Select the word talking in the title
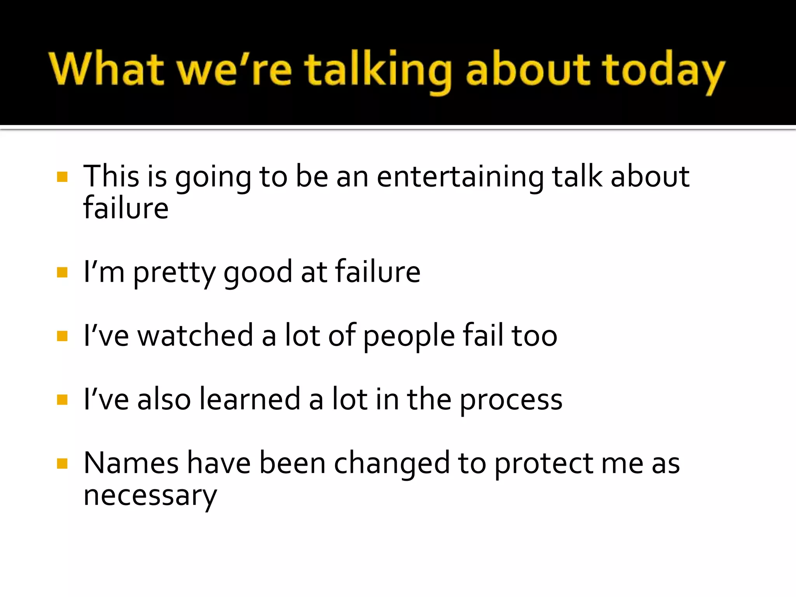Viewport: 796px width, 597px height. (x=378, y=70)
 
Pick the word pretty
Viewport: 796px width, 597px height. (x=174, y=272)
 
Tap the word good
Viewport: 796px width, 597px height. (x=257, y=272)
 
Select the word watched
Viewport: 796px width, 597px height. (x=196, y=335)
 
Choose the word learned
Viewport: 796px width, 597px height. (x=250, y=399)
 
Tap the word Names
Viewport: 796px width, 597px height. (x=131, y=463)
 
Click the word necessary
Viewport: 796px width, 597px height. (x=150, y=496)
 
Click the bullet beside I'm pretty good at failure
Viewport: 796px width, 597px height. (x=62, y=272)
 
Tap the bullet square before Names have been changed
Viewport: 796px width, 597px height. (x=62, y=463)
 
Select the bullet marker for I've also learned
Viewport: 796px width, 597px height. (x=62, y=400)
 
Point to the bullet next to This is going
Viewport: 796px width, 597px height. (x=62, y=177)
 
